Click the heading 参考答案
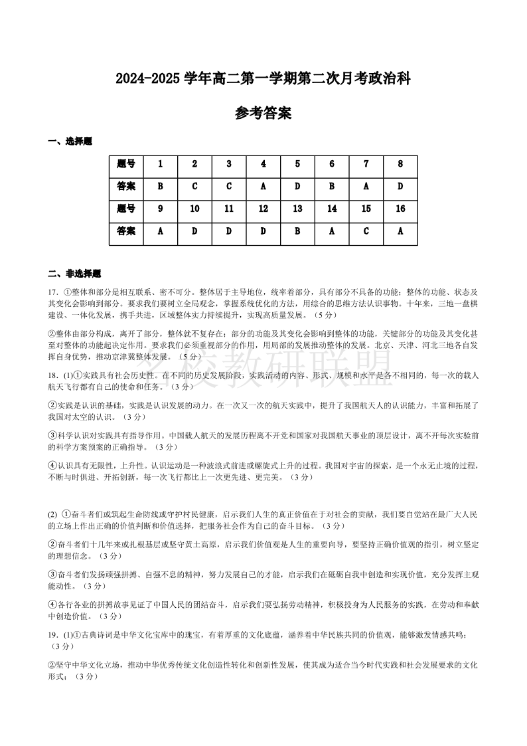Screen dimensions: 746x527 (263, 114)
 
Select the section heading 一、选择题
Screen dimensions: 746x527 (70, 141)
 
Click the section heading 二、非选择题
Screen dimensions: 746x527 (74, 274)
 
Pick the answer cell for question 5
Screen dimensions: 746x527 (297, 187)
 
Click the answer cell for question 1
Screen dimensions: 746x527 (161, 187)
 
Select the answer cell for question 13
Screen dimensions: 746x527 (297, 231)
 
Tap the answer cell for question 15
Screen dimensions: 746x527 (366, 231)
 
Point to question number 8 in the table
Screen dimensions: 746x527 (400, 164)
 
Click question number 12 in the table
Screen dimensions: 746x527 (263, 209)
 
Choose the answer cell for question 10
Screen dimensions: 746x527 (194, 231)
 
